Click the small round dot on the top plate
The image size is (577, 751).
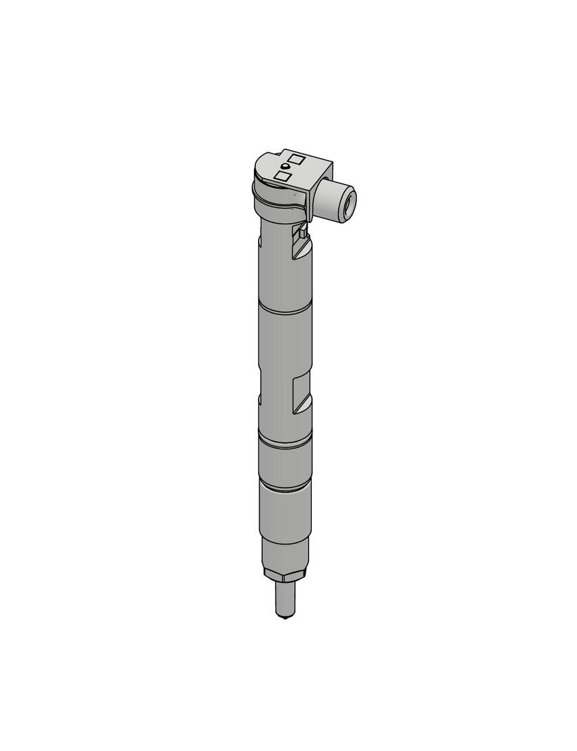tap(284, 165)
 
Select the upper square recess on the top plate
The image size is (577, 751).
tap(296, 160)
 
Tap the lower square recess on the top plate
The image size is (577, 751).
tap(283, 176)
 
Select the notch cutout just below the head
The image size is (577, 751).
tap(300, 243)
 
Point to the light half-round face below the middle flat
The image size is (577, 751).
tap(301, 405)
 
